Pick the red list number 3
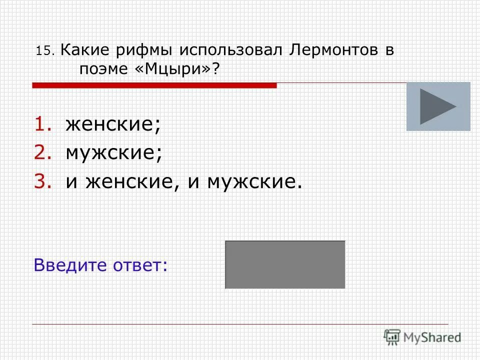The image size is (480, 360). pyautogui.click(x=42, y=182)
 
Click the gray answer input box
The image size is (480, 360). pyautogui.click(x=285, y=264)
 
